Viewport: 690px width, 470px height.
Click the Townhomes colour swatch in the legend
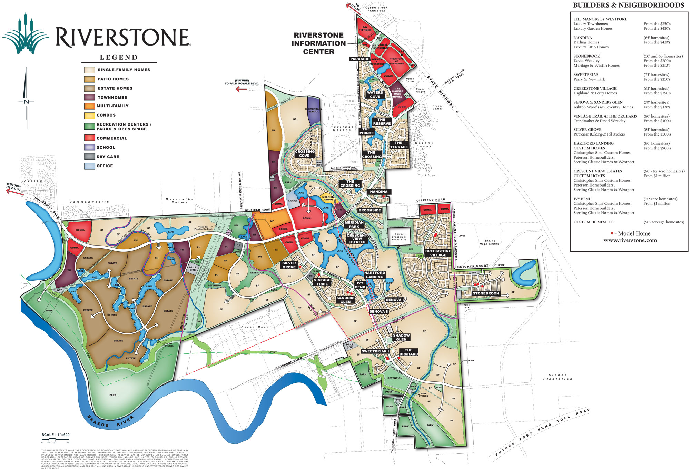click(x=89, y=97)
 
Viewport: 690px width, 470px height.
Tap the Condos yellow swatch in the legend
click(x=89, y=116)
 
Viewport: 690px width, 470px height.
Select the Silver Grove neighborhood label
click(x=289, y=265)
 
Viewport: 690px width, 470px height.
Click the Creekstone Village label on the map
click(x=438, y=253)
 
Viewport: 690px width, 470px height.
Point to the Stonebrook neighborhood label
click(x=486, y=293)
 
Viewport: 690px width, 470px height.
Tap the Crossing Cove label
click(x=305, y=153)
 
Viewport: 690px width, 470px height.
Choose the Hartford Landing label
click(x=375, y=275)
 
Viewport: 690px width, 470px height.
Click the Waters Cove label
click(x=375, y=94)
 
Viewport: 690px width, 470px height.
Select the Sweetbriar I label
click(x=375, y=351)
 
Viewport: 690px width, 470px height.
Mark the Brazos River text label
click(x=110, y=421)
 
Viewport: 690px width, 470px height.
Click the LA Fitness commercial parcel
click(x=365, y=28)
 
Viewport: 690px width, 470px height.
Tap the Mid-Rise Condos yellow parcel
click(x=327, y=198)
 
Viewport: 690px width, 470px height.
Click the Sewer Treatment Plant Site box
click(x=399, y=237)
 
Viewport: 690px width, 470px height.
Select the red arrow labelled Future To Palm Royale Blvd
click(x=241, y=89)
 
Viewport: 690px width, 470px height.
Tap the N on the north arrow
click(x=26, y=102)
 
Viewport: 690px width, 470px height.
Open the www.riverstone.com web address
click(x=630, y=240)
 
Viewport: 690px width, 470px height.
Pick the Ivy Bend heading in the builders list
click(x=582, y=199)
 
